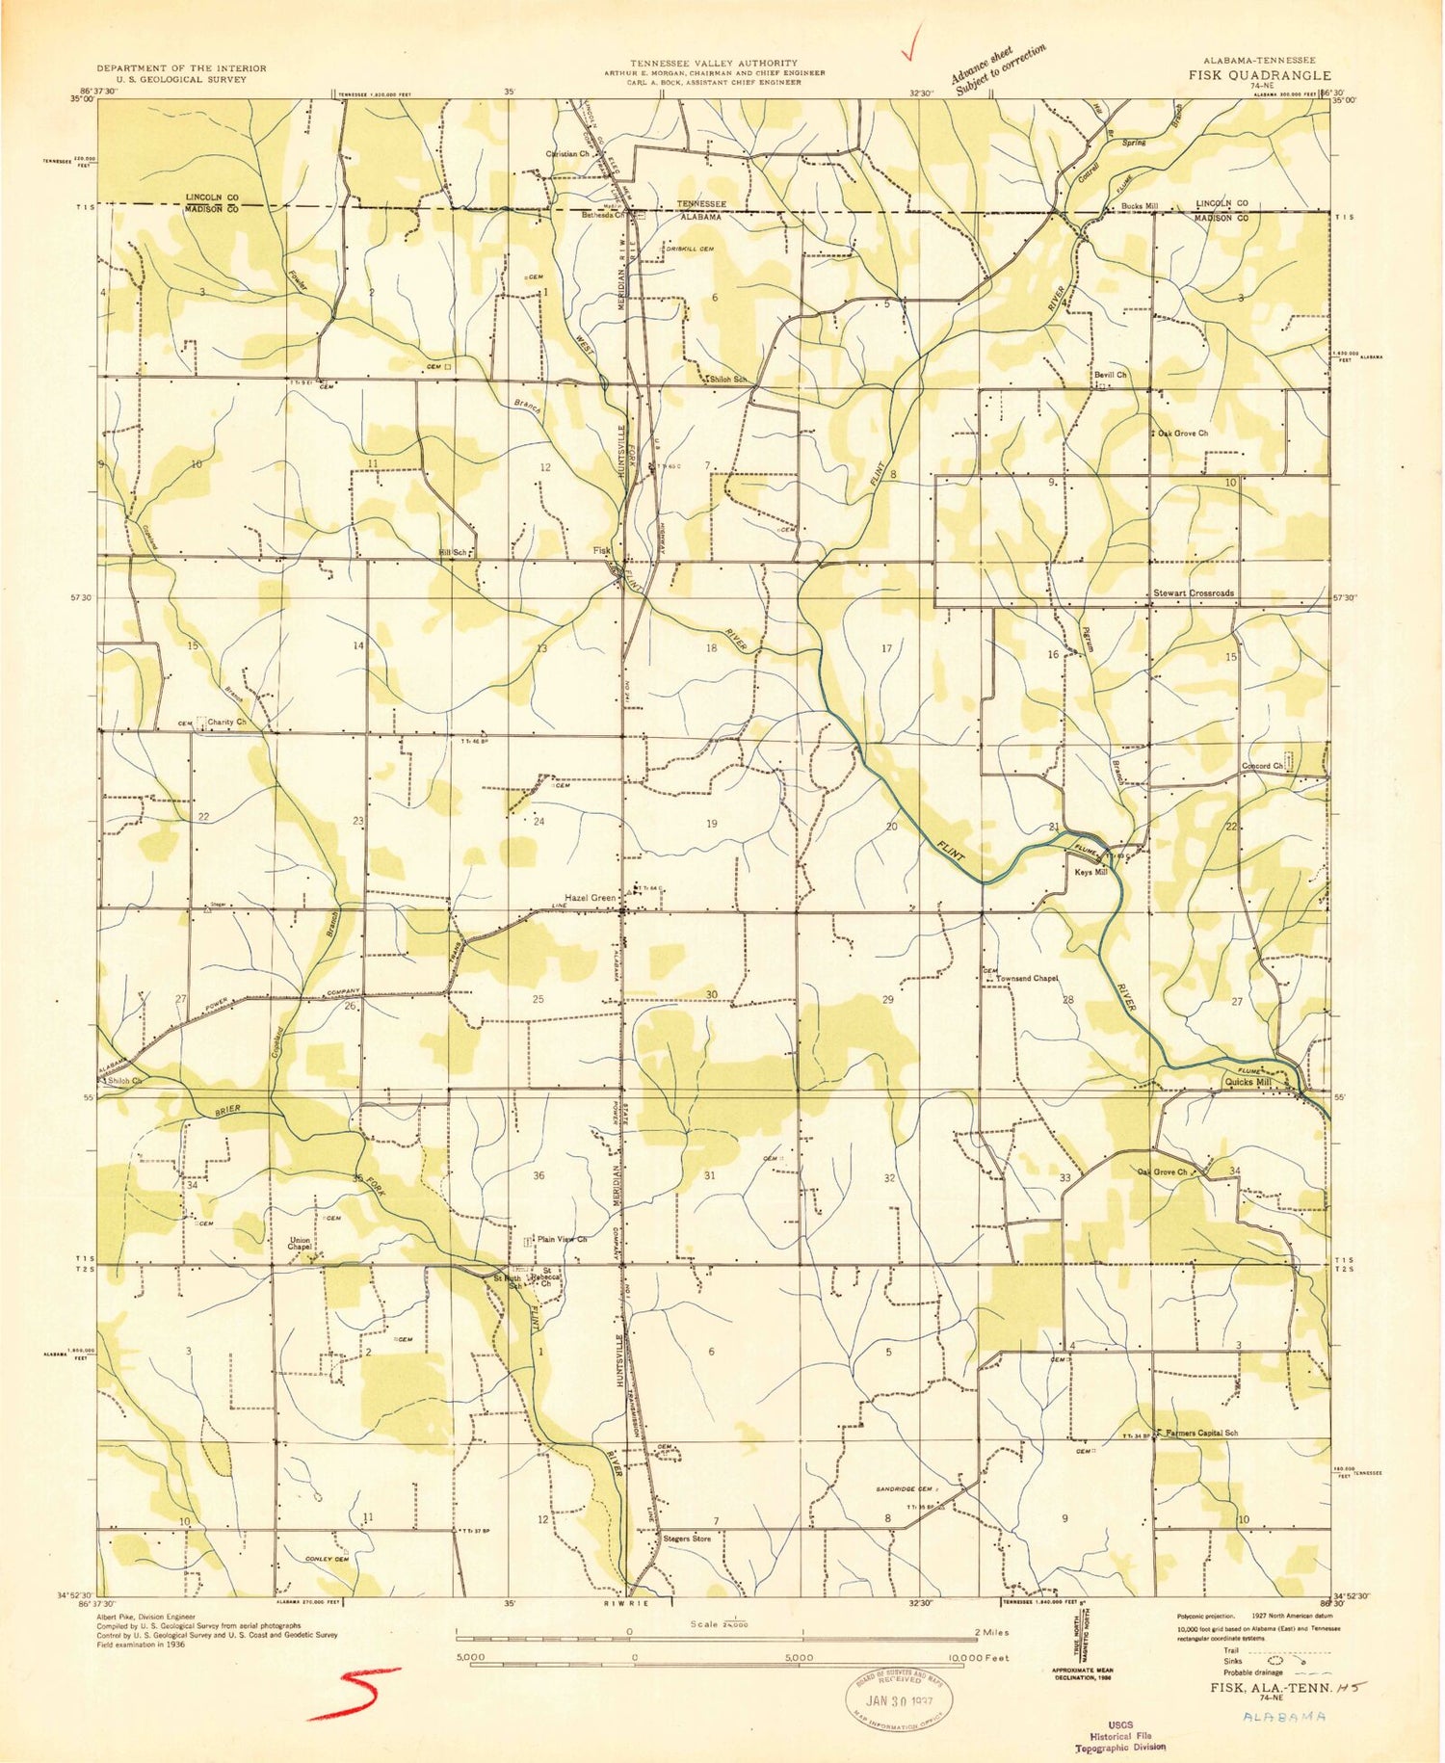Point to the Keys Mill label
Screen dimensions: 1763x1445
click(x=1090, y=872)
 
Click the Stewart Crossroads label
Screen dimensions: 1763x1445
click(x=1194, y=593)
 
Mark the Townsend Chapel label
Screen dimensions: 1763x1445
click(x=1027, y=978)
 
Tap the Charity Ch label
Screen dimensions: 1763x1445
click(x=227, y=722)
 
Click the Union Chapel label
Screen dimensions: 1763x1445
click(x=300, y=1244)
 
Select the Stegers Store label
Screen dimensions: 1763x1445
click(x=687, y=1539)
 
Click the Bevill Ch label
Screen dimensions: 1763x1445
click(x=1110, y=375)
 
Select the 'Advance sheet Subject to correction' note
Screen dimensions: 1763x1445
click(x=996, y=70)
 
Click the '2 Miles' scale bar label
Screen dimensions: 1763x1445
click(x=991, y=1632)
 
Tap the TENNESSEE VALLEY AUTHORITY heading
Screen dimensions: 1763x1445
click(x=714, y=63)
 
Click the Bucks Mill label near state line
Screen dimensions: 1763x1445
click(x=1140, y=206)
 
